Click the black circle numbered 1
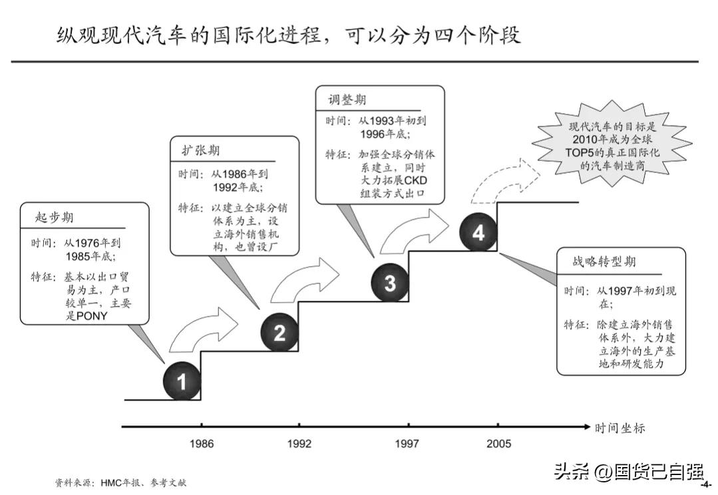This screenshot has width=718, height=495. tap(182, 381)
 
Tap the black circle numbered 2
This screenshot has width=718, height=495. tap(279, 332)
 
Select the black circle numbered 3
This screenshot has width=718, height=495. tap(390, 283)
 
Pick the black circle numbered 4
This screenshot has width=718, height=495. tap(478, 232)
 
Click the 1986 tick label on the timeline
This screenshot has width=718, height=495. tap(202, 443)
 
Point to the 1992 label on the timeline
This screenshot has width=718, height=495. tap(299, 443)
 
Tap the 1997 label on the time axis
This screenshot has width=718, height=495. tap(407, 443)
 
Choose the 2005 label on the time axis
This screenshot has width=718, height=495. tap(498, 443)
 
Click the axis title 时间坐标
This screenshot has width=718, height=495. tap(620, 428)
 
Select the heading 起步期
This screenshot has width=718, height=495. tap(54, 217)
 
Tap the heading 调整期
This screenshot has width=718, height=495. tap(347, 100)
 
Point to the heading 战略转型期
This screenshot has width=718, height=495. tap(604, 261)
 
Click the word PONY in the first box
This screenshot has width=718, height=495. tap(92, 316)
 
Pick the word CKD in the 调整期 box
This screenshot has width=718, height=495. tap(416, 180)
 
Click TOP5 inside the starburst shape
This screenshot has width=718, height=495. tap(579, 152)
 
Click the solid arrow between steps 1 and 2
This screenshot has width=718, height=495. tap(204, 329)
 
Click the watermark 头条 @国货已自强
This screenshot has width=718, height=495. tap(629, 472)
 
